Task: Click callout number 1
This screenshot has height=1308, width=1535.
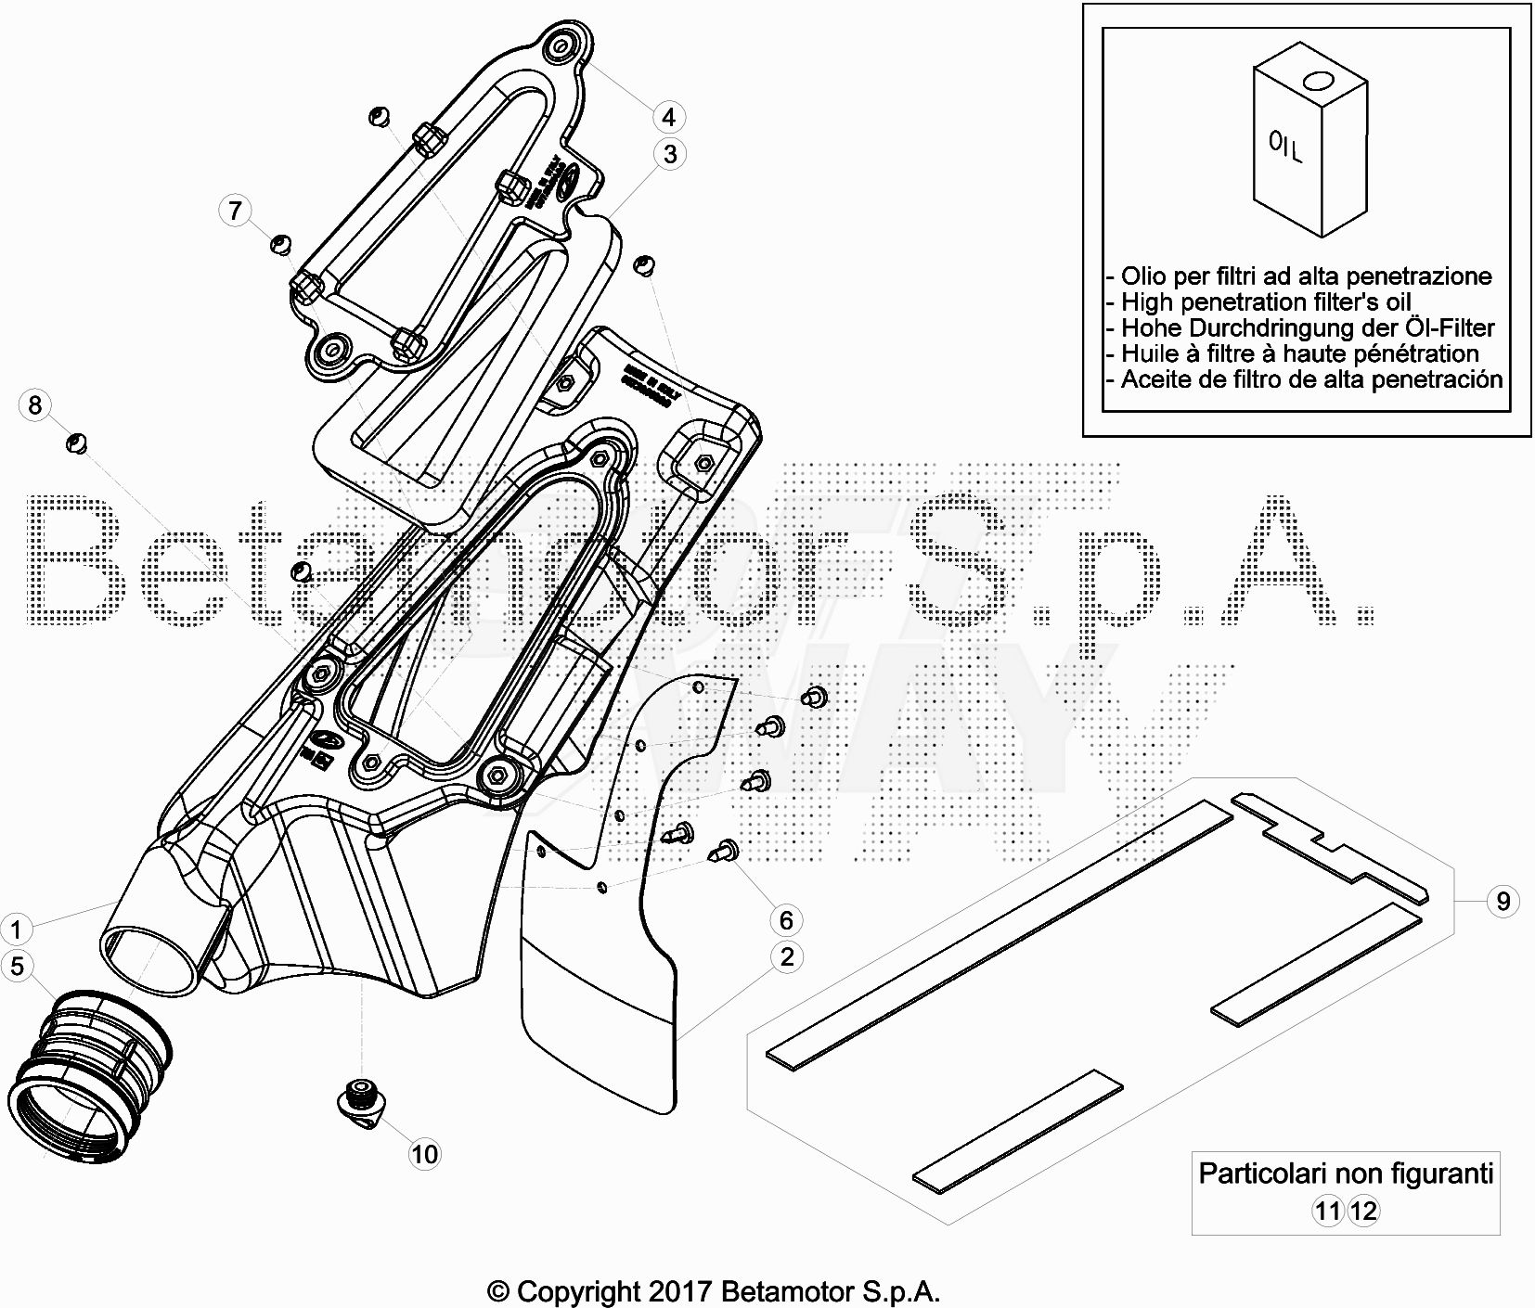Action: point(16,928)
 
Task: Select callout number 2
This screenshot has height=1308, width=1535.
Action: point(786,956)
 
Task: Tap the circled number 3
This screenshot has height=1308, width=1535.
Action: point(670,154)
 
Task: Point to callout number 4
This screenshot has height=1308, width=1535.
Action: point(668,117)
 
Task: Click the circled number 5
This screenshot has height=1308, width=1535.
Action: point(16,966)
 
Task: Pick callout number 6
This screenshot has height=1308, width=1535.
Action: point(786,919)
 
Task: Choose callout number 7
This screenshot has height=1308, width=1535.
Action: point(235,211)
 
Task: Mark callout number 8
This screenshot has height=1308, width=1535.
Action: point(34,404)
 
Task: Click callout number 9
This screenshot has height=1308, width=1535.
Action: point(1503,900)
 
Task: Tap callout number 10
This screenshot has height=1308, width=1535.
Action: point(424,1154)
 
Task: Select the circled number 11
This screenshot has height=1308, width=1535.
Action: point(1328,1211)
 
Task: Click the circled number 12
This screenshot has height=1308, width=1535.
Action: point(1363,1211)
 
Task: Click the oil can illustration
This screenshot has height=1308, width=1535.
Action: point(1309,148)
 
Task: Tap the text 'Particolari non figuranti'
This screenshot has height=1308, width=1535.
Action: point(1346,1173)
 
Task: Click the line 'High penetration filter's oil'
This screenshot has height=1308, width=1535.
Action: point(1266,301)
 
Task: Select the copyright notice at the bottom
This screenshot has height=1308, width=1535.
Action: point(714,1290)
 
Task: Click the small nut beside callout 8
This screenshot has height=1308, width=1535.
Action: point(77,443)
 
